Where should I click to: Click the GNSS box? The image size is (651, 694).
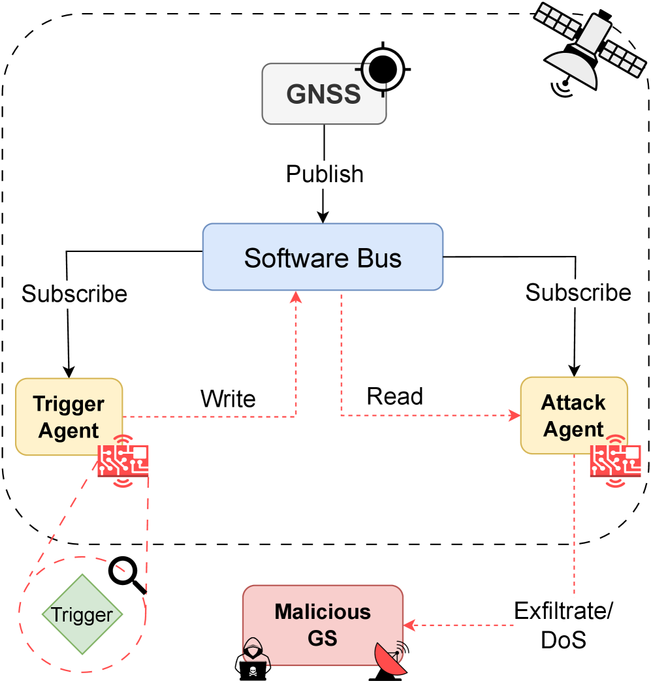pos(323,93)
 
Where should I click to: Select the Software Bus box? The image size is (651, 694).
pos(323,257)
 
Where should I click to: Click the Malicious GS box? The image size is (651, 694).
pos(323,625)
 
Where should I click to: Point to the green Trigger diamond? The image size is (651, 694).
pos(82,614)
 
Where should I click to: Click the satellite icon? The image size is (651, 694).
pos(588,45)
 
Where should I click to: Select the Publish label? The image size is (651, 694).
pos(325,175)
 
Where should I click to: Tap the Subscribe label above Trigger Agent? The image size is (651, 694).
pos(74,294)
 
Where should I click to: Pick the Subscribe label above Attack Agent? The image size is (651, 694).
pos(578,292)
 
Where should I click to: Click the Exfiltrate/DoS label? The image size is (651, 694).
pos(563,625)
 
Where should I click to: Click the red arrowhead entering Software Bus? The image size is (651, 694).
pos(296,297)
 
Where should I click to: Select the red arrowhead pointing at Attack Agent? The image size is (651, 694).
pos(514,415)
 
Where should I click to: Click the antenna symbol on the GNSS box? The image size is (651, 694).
pos(375,75)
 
